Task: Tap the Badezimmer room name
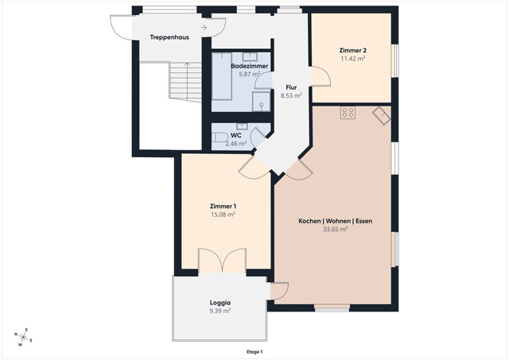point(250,66)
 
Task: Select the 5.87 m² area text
point(250,75)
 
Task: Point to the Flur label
point(291,87)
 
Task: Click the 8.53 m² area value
point(291,95)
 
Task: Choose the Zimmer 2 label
point(352,50)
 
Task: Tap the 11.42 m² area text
point(352,59)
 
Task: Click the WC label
point(236,135)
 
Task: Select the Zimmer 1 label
point(223,206)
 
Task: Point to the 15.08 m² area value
point(223,215)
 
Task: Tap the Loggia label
point(220,303)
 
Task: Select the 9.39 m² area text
point(220,312)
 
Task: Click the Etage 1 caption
point(254,351)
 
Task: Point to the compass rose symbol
point(25,337)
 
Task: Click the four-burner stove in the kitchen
point(348,113)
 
